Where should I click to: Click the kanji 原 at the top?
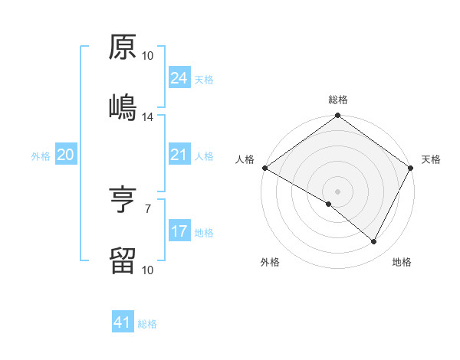(123, 48)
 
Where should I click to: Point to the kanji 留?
(123, 260)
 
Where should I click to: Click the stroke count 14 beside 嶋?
(148, 117)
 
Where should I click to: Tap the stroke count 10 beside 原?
(148, 56)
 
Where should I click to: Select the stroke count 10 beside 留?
(148, 270)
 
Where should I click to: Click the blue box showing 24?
(179, 78)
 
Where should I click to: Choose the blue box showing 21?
(179, 155)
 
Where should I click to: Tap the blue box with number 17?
(179, 231)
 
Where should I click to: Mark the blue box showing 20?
(65, 155)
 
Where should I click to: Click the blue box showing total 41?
(123, 323)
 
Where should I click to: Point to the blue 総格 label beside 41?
(147, 324)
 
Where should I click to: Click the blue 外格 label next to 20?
(41, 156)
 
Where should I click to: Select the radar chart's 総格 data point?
(337, 116)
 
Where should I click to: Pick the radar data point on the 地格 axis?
(374, 242)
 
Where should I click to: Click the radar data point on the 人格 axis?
(264, 168)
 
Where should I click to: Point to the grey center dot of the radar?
(337, 191)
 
